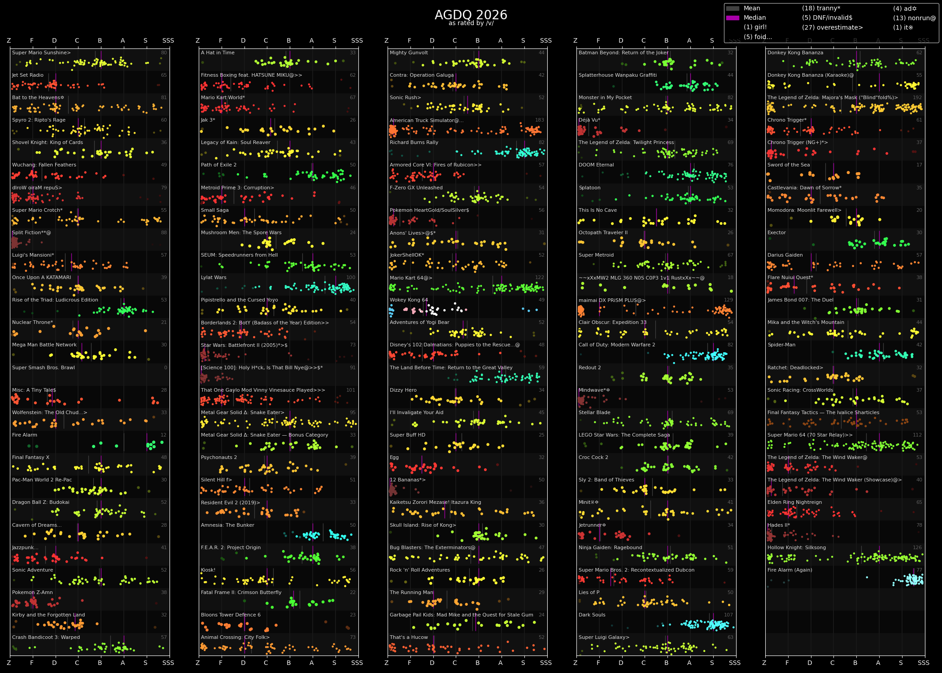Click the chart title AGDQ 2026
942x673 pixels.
471,15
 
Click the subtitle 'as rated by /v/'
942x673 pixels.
471,23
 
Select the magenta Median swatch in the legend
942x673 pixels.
733,18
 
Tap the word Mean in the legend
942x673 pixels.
752,9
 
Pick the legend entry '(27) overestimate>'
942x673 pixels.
832,28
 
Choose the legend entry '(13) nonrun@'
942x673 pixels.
914,18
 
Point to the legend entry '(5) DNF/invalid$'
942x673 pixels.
827,18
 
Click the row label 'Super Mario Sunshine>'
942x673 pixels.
41,53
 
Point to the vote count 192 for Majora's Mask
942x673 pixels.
917,98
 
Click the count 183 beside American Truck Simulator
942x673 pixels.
539,120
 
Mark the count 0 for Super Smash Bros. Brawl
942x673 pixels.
166,368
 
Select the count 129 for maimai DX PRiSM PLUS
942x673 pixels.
728,300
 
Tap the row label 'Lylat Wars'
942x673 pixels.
214,278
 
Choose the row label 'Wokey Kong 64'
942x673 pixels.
409,300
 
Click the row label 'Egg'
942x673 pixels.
394,458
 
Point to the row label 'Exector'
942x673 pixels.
776,233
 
